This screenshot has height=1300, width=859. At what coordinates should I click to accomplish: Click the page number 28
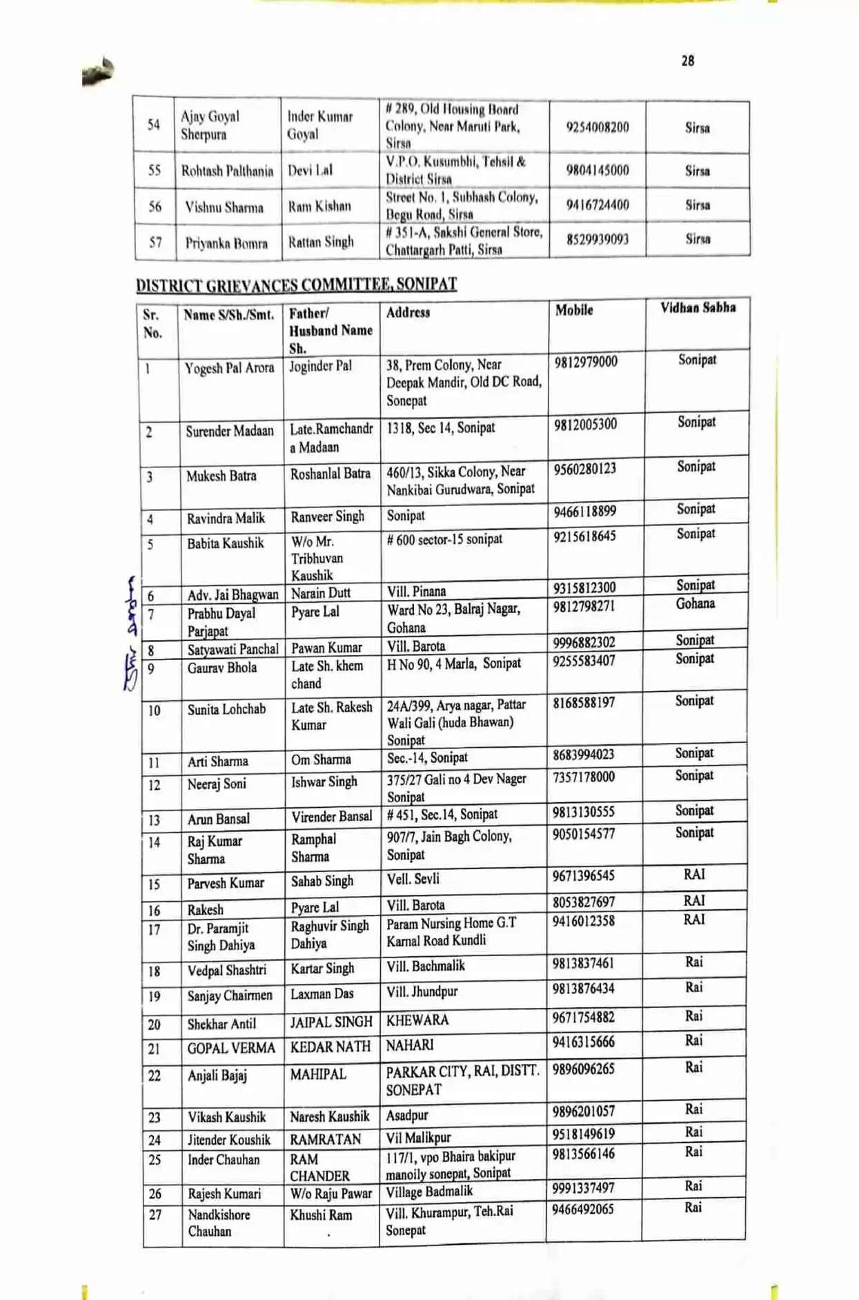[687, 61]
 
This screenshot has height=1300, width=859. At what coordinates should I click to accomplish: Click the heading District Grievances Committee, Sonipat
[296, 284]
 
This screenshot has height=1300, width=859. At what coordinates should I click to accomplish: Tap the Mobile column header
[574, 311]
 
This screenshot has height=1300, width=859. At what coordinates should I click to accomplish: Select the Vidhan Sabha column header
[698, 308]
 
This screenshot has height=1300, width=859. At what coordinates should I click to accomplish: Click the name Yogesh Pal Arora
[229, 368]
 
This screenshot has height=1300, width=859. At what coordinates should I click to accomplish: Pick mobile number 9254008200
[598, 127]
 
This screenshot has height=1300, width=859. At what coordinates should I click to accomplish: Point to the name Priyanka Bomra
[226, 243]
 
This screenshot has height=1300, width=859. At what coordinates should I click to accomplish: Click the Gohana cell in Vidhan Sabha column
[695, 604]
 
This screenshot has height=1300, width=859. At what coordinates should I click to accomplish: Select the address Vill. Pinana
[416, 592]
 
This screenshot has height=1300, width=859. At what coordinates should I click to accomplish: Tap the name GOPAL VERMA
[231, 1048]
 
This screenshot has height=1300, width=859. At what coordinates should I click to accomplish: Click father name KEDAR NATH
[330, 1047]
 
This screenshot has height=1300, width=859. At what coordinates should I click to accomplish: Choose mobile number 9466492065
[583, 1209]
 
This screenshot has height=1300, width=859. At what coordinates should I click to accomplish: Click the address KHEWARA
[417, 1020]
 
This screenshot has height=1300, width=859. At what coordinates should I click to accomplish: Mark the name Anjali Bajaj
[217, 1076]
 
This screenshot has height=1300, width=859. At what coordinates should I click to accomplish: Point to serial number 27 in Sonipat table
[155, 1215]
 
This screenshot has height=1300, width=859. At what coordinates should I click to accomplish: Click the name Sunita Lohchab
[226, 709]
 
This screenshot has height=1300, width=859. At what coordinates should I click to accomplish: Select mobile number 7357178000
[583, 777]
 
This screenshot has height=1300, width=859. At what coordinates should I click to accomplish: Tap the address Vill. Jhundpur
[422, 992]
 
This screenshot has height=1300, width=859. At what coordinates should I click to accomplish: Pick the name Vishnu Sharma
[224, 207]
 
